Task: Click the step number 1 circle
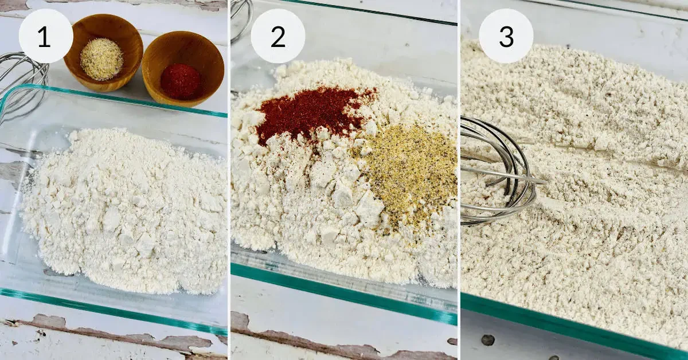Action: point(46,36)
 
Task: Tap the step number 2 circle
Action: point(278,36)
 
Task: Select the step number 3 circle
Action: point(506,36)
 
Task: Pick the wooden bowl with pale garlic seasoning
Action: point(103,52)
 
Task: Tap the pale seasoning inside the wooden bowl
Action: point(101,59)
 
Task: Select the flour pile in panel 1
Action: point(126,209)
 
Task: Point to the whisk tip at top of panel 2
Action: point(241,20)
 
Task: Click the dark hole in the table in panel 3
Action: point(487,340)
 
